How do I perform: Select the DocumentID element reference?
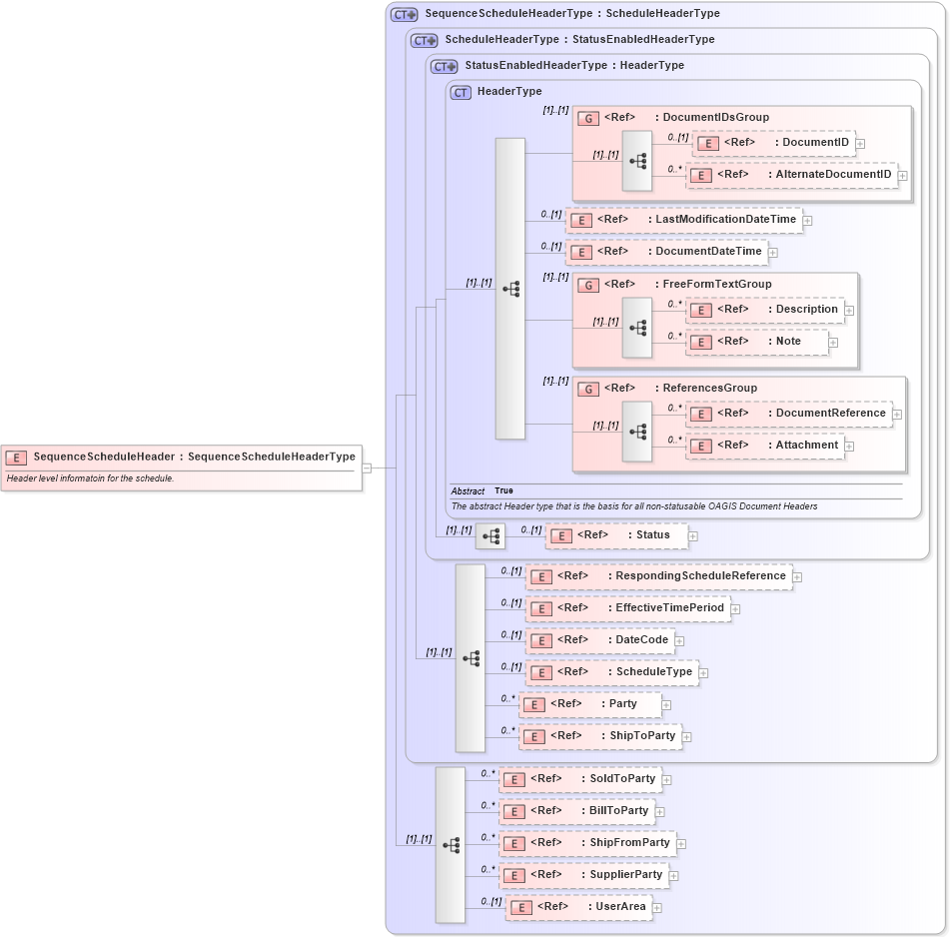click(x=773, y=143)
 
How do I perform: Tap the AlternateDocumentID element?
click(x=790, y=175)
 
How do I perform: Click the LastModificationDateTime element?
click(x=683, y=220)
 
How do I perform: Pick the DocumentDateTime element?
click(x=666, y=252)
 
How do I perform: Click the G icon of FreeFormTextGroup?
click(x=589, y=285)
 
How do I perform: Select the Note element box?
click(x=757, y=342)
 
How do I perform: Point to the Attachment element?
click(x=765, y=446)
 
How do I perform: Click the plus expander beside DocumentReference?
click(x=897, y=415)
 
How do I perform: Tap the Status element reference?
click(x=616, y=535)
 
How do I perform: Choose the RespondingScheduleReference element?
click(x=658, y=576)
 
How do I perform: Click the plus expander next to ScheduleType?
click(x=704, y=673)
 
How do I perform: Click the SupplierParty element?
click(x=583, y=875)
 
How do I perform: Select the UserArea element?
click(x=579, y=907)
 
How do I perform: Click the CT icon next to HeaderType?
click(x=461, y=92)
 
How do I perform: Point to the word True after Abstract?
click(x=503, y=491)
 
